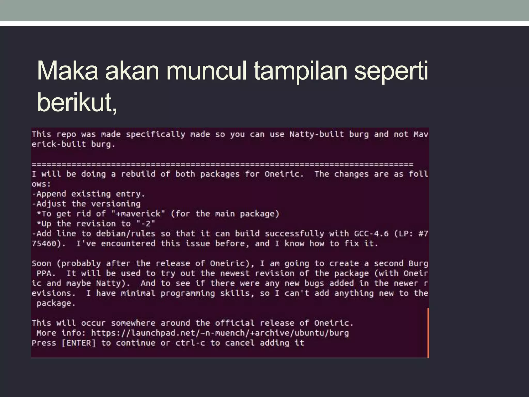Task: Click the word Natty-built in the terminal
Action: point(317,134)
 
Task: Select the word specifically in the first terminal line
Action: point(155,134)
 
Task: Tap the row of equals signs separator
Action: point(222,164)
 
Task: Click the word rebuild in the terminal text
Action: point(138,174)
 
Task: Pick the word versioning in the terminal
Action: point(116,204)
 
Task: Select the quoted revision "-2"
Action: point(146,224)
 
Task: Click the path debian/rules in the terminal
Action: point(126,234)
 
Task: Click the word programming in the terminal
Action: point(188,293)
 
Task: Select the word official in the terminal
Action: point(235,323)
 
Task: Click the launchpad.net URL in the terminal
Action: point(220,333)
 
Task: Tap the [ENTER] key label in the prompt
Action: point(79,343)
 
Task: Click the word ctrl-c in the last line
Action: point(190,343)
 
